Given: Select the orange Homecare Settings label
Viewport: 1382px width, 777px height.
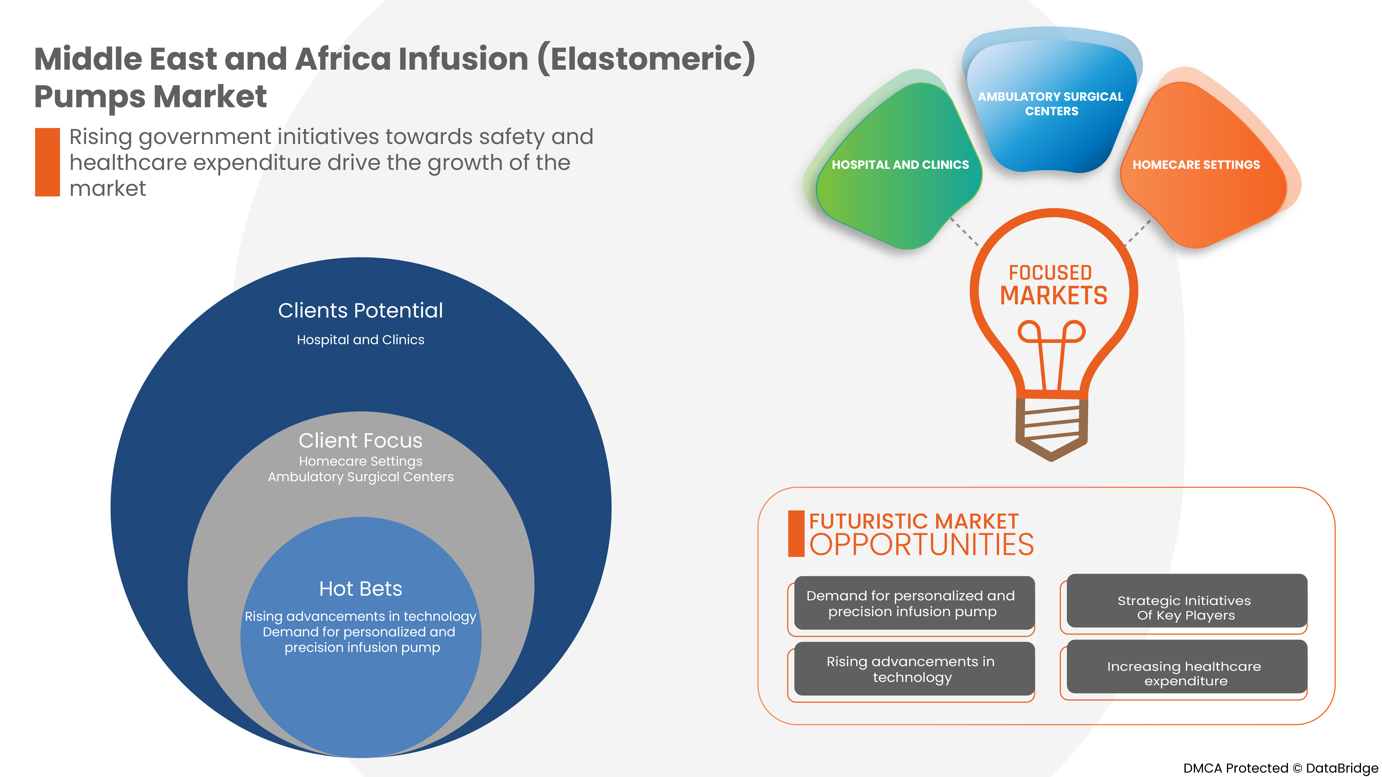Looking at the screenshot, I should pos(1196,165).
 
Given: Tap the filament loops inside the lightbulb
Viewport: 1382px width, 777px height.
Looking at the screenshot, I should pos(1052,333).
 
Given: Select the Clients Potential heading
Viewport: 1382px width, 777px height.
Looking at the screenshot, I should pos(360,311).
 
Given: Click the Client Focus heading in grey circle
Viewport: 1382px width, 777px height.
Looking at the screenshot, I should pos(360,440).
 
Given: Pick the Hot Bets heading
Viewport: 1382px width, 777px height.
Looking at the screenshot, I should pos(360,589).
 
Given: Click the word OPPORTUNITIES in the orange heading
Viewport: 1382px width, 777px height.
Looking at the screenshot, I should pos(921,545).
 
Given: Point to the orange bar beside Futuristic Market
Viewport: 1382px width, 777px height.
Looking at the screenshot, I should pos(796,534).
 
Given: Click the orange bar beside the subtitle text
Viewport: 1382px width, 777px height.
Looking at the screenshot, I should pos(47,162).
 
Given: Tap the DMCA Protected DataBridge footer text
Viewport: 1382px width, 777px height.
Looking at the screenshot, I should pos(1280,768).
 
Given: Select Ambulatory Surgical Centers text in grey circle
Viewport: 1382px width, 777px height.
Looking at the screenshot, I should pos(360,477).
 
